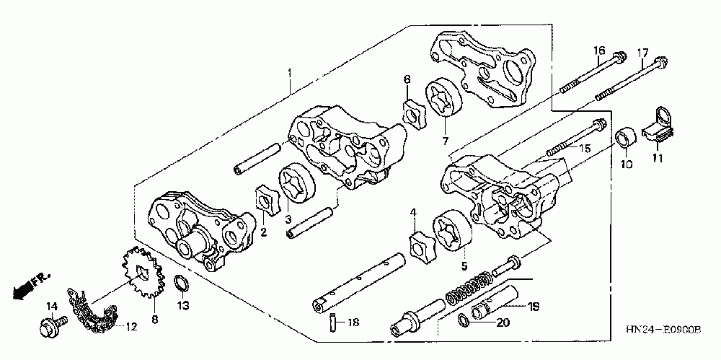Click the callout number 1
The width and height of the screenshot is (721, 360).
tap(290, 73)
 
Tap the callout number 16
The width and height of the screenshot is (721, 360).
tap(598, 50)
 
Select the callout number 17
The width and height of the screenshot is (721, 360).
tap(642, 52)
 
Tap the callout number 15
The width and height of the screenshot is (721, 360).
tap(584, 148)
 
